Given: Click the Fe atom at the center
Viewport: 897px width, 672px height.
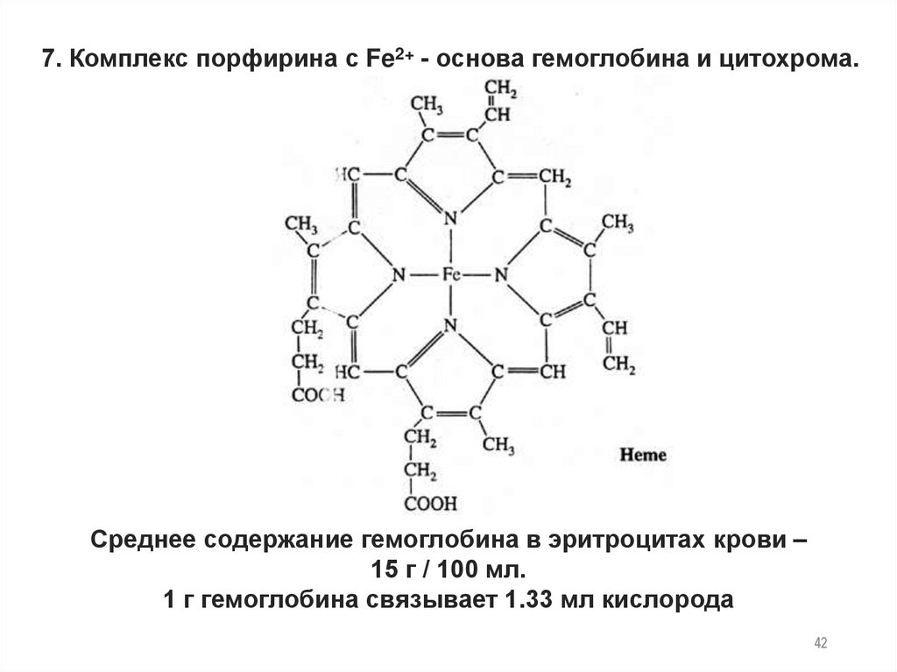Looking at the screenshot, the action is (x=451, y=275).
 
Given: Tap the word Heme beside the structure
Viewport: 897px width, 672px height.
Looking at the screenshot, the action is (x=644, y=455).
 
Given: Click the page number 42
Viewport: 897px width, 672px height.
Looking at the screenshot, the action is (x=821, y=644).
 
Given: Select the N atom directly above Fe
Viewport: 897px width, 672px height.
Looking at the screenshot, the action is (x=451, y=218).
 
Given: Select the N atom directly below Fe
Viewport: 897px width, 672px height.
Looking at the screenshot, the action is (x=451, y=326).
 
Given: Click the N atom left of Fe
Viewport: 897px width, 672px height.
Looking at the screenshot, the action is (x=399, y=275).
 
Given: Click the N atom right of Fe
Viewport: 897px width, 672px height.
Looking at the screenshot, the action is (x=501, y=275).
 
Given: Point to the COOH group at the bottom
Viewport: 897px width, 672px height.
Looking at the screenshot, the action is (x=430, y=503).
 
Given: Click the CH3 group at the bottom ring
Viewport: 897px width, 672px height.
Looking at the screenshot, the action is (x=498, y=446).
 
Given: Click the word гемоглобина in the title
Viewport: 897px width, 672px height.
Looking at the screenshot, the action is (x=627, y=62).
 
